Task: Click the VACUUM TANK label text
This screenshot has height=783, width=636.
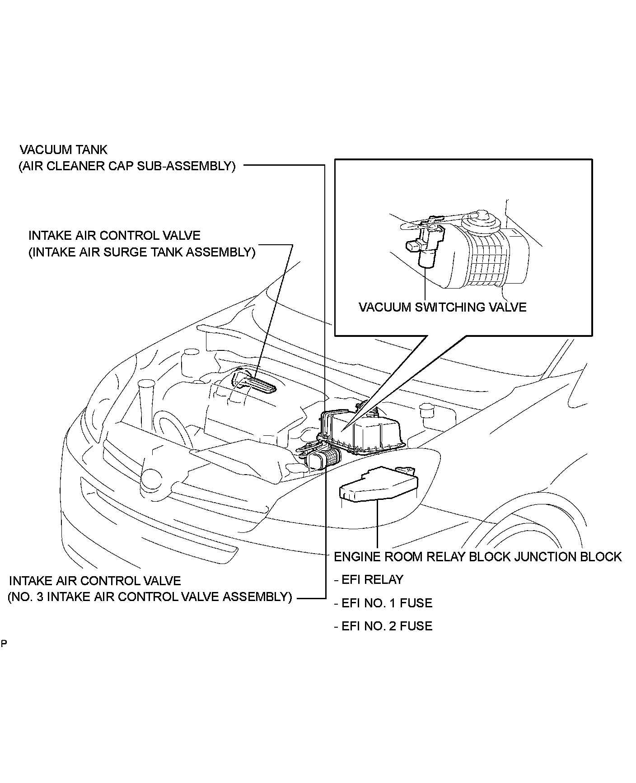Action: pyautogui.click(x=64, y=149)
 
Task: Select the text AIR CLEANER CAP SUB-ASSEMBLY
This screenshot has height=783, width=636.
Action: pyautogui.click(x=127, y=166)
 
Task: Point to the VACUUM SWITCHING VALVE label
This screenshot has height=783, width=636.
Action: pyautogui.click(x=442, y=308)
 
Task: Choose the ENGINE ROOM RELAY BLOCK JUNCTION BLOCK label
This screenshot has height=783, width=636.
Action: pyautogui.click(x=477, y=557)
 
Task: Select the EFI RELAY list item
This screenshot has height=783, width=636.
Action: pyautogui.click(x=368, y=580)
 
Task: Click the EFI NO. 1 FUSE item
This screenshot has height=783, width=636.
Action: pyautogui.click(x=383, y=603)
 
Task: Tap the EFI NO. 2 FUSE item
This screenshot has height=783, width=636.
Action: pyautogui.click(x=383, y=626)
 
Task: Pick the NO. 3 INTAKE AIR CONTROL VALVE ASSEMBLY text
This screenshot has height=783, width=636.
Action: pyautogui.click(x=150, y=597)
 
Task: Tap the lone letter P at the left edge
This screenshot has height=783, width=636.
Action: pyautogui.click(x=4, y=643)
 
